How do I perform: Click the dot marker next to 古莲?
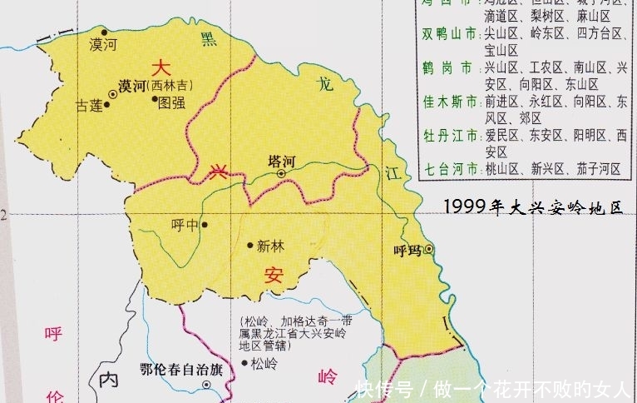click(x=106, y=105)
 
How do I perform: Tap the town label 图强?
click(x=172, y=102)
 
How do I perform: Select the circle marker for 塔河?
click(x=281, y=173)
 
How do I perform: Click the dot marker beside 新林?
click(x=250, y=245)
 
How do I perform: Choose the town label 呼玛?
click(x=407, y=249)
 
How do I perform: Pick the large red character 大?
click(x=161, y=66)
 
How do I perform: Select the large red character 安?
click(x=274, y=276)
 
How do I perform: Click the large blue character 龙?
click(x=326, y=83)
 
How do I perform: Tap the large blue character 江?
click(x=393, y=172)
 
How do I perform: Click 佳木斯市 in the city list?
click(x=450, y=102)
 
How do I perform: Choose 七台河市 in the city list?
click(x=450, y=168)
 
